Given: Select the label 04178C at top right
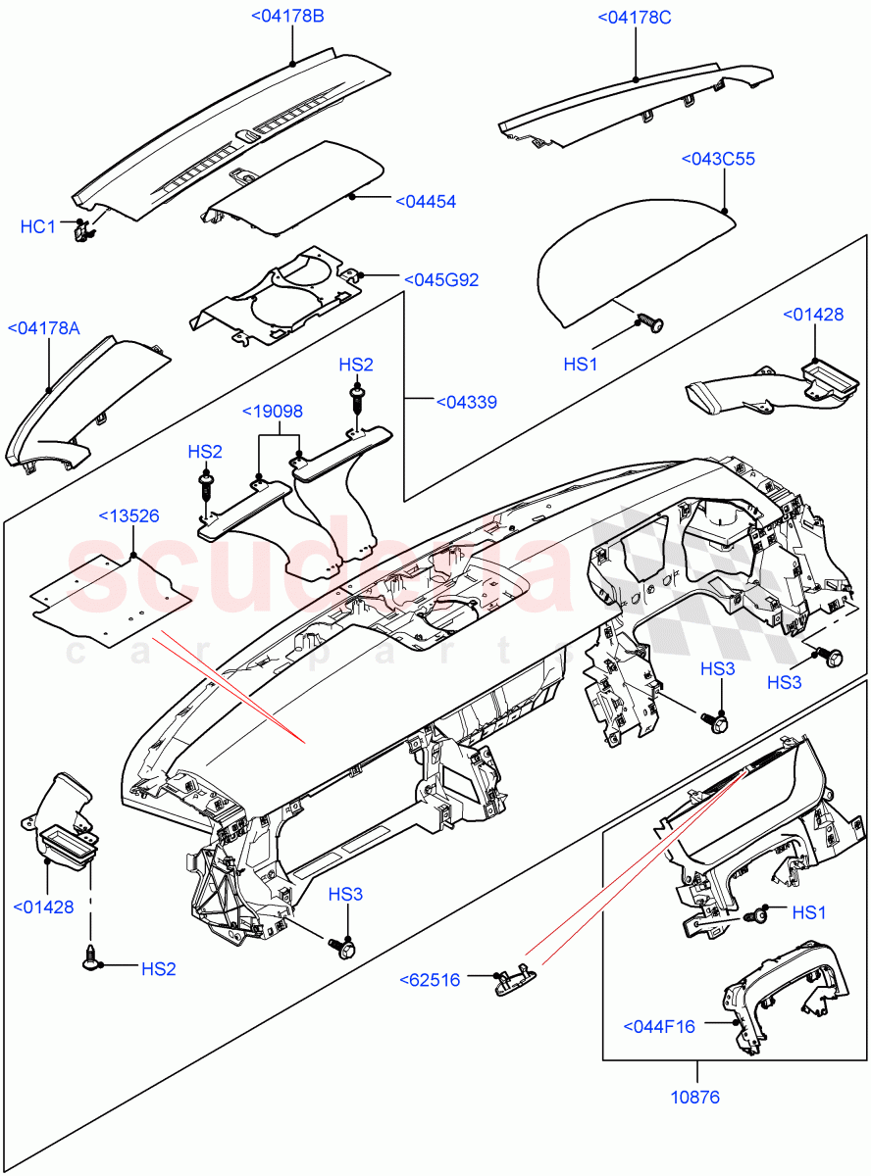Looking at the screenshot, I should [635, 17].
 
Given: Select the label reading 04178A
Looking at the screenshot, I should [43, 328].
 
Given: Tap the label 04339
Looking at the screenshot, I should [465, 402].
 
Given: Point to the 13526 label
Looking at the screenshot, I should [128, 515].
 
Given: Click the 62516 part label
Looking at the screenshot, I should [430, 979].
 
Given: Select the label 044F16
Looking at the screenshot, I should [659, 1026].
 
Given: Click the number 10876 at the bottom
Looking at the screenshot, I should [695, 1097].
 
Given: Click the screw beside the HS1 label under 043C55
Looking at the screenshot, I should [646, 319].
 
